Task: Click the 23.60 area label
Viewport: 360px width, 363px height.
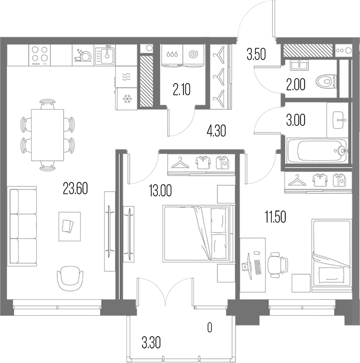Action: pos(75,189)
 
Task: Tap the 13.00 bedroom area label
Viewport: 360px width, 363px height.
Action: pos(161,191)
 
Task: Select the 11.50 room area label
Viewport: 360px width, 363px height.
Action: pos(275,217)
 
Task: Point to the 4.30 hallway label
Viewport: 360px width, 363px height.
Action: pos(216,131)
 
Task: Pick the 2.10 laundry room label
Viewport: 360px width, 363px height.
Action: pos(182,90)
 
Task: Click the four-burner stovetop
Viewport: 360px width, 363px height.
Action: pos(40,55)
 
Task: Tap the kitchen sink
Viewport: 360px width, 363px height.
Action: pos(105,55)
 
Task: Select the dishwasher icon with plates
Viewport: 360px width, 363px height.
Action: pos(83,56)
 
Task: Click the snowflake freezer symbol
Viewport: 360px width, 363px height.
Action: pos(127,99)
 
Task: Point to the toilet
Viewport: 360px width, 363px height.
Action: pos(326,81)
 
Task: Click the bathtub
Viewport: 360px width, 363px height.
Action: pos(317,150)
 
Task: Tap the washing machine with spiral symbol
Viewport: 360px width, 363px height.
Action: pos(193,56)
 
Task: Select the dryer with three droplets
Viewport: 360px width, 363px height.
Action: pos(172,56)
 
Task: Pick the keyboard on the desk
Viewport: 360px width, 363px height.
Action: pos(258,267)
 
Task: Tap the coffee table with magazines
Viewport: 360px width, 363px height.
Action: pos(70,226)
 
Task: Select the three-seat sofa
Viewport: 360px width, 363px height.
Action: pos(22,226)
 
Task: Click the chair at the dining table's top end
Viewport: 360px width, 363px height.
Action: pos(47,104)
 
